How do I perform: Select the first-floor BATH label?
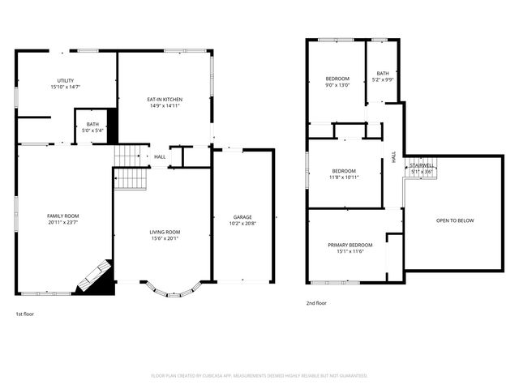pyautogui.click(x=92, y=124)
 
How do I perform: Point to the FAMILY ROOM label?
pyautogui.click(x=62, y=216)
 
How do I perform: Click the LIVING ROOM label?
pyautogui.click(x=164, y=233)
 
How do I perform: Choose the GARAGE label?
pyautogui.click(x=242, y=216)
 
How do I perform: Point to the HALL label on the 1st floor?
pyautogui.click(x=160, y=157)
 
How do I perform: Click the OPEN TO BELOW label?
pyautogui.click(x=454, y=220)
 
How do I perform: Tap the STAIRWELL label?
pyautogui.click(x=422, y=165)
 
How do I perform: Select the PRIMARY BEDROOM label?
pyautogui.click(x=350, y=245)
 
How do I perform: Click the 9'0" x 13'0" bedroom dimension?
pyautogui.click(x=337, y=85)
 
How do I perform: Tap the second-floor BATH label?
pyautogui.click(x=383, y=74)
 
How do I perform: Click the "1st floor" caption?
pyautogui.click(x=25, y=314)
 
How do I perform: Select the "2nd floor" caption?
pyautogui.click(x=316, y=303)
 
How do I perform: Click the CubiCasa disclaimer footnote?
pyautogui.click(x=259, y=376)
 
